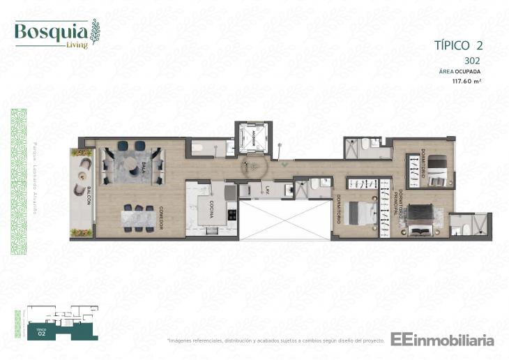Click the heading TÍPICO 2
[458, 45]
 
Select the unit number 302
[472, 61]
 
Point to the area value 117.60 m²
[467, 81]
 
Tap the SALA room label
[143, 165]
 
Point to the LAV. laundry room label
[266, 190]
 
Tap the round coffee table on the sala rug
[132, 165]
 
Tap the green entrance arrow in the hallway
[284, 165]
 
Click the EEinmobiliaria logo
[442, 340]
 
